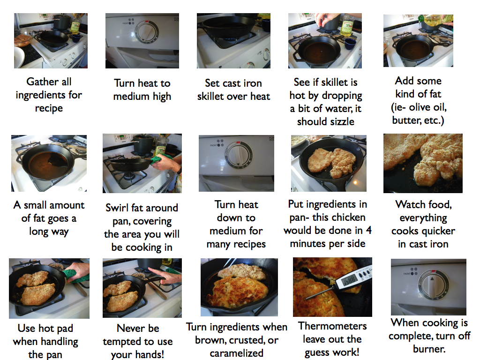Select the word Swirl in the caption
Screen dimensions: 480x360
pos(117,208)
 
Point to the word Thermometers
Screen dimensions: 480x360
pos(332,326)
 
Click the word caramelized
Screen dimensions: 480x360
pos(236,353)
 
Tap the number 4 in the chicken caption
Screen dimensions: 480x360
pos(368,230)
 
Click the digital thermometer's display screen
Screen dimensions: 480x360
pos(349,279)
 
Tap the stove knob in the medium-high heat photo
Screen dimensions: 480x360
pos(147,32)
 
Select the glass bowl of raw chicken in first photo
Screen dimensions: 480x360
pos(23,39)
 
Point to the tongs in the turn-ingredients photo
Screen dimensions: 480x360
pos(229,264)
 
